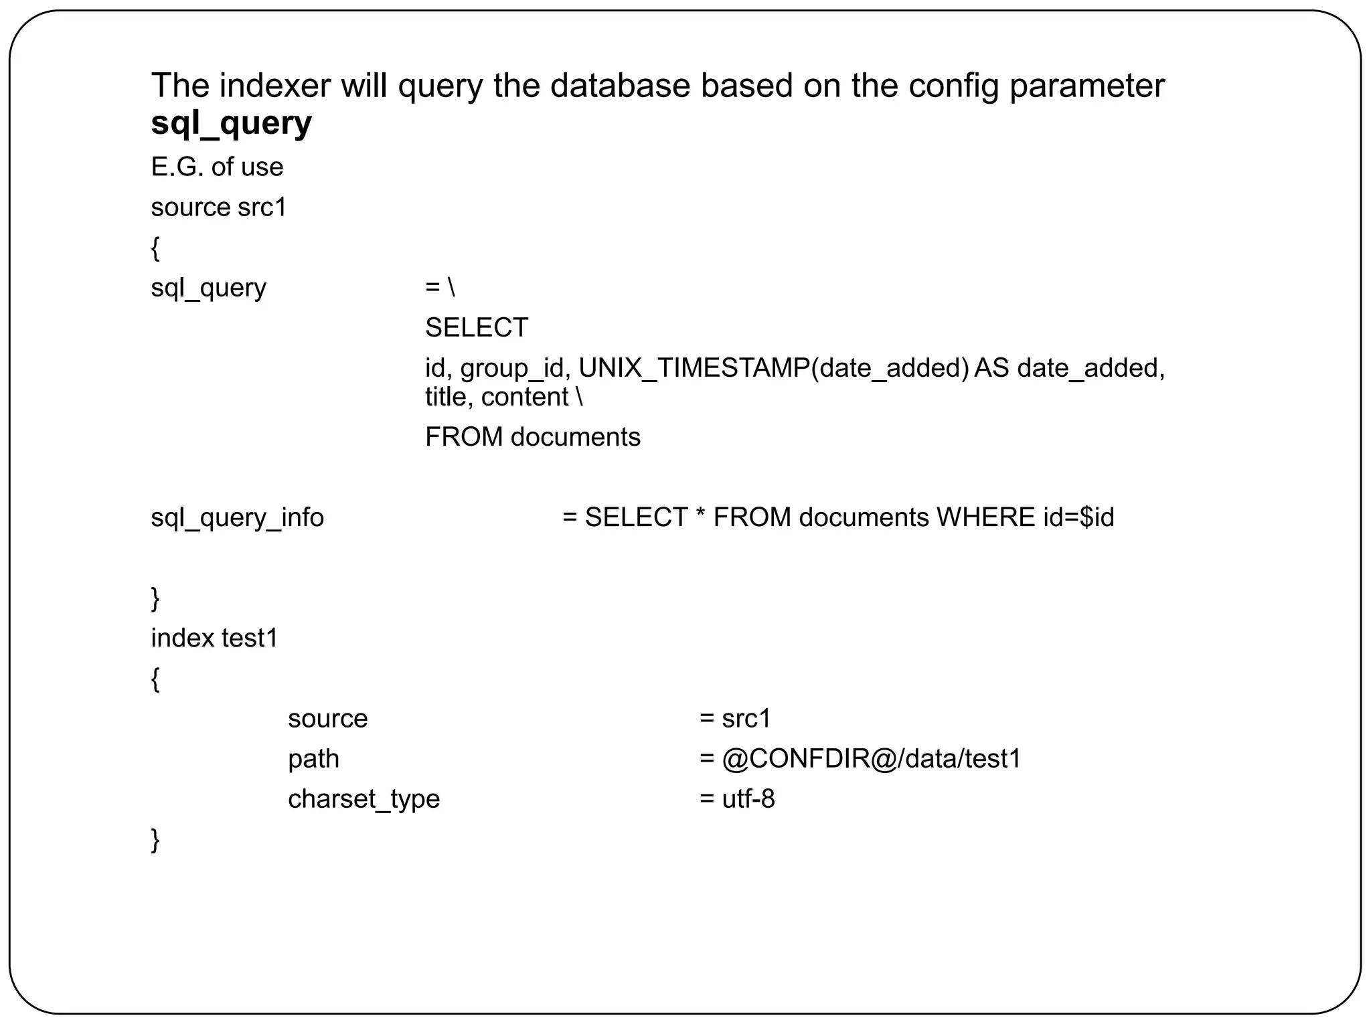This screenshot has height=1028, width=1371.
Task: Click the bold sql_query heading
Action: tap(231, 123)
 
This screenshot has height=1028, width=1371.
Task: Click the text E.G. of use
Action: tap(217, 167)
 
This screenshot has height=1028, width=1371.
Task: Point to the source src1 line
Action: tap(219, 207)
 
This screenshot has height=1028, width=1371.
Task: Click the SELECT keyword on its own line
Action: tap(477, 328)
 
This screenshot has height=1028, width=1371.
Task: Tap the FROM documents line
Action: tap(533, 437)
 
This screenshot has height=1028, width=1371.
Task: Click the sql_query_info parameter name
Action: tap(237, 517)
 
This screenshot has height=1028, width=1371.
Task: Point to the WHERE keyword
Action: tap(985, 517)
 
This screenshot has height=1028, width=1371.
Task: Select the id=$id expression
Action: tap(1078, 517)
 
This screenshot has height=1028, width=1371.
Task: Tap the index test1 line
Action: tap(214, 638)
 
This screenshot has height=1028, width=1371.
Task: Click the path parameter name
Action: tap(313, 759)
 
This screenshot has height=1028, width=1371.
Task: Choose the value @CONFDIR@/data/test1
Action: tap(871, 759)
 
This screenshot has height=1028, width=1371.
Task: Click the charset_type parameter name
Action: tap(364, 799)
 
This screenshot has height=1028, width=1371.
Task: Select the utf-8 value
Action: tap(748, 799)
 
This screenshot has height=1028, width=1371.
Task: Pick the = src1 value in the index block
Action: tap(736, 719)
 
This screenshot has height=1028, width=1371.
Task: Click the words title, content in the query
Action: tap(497, 398)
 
